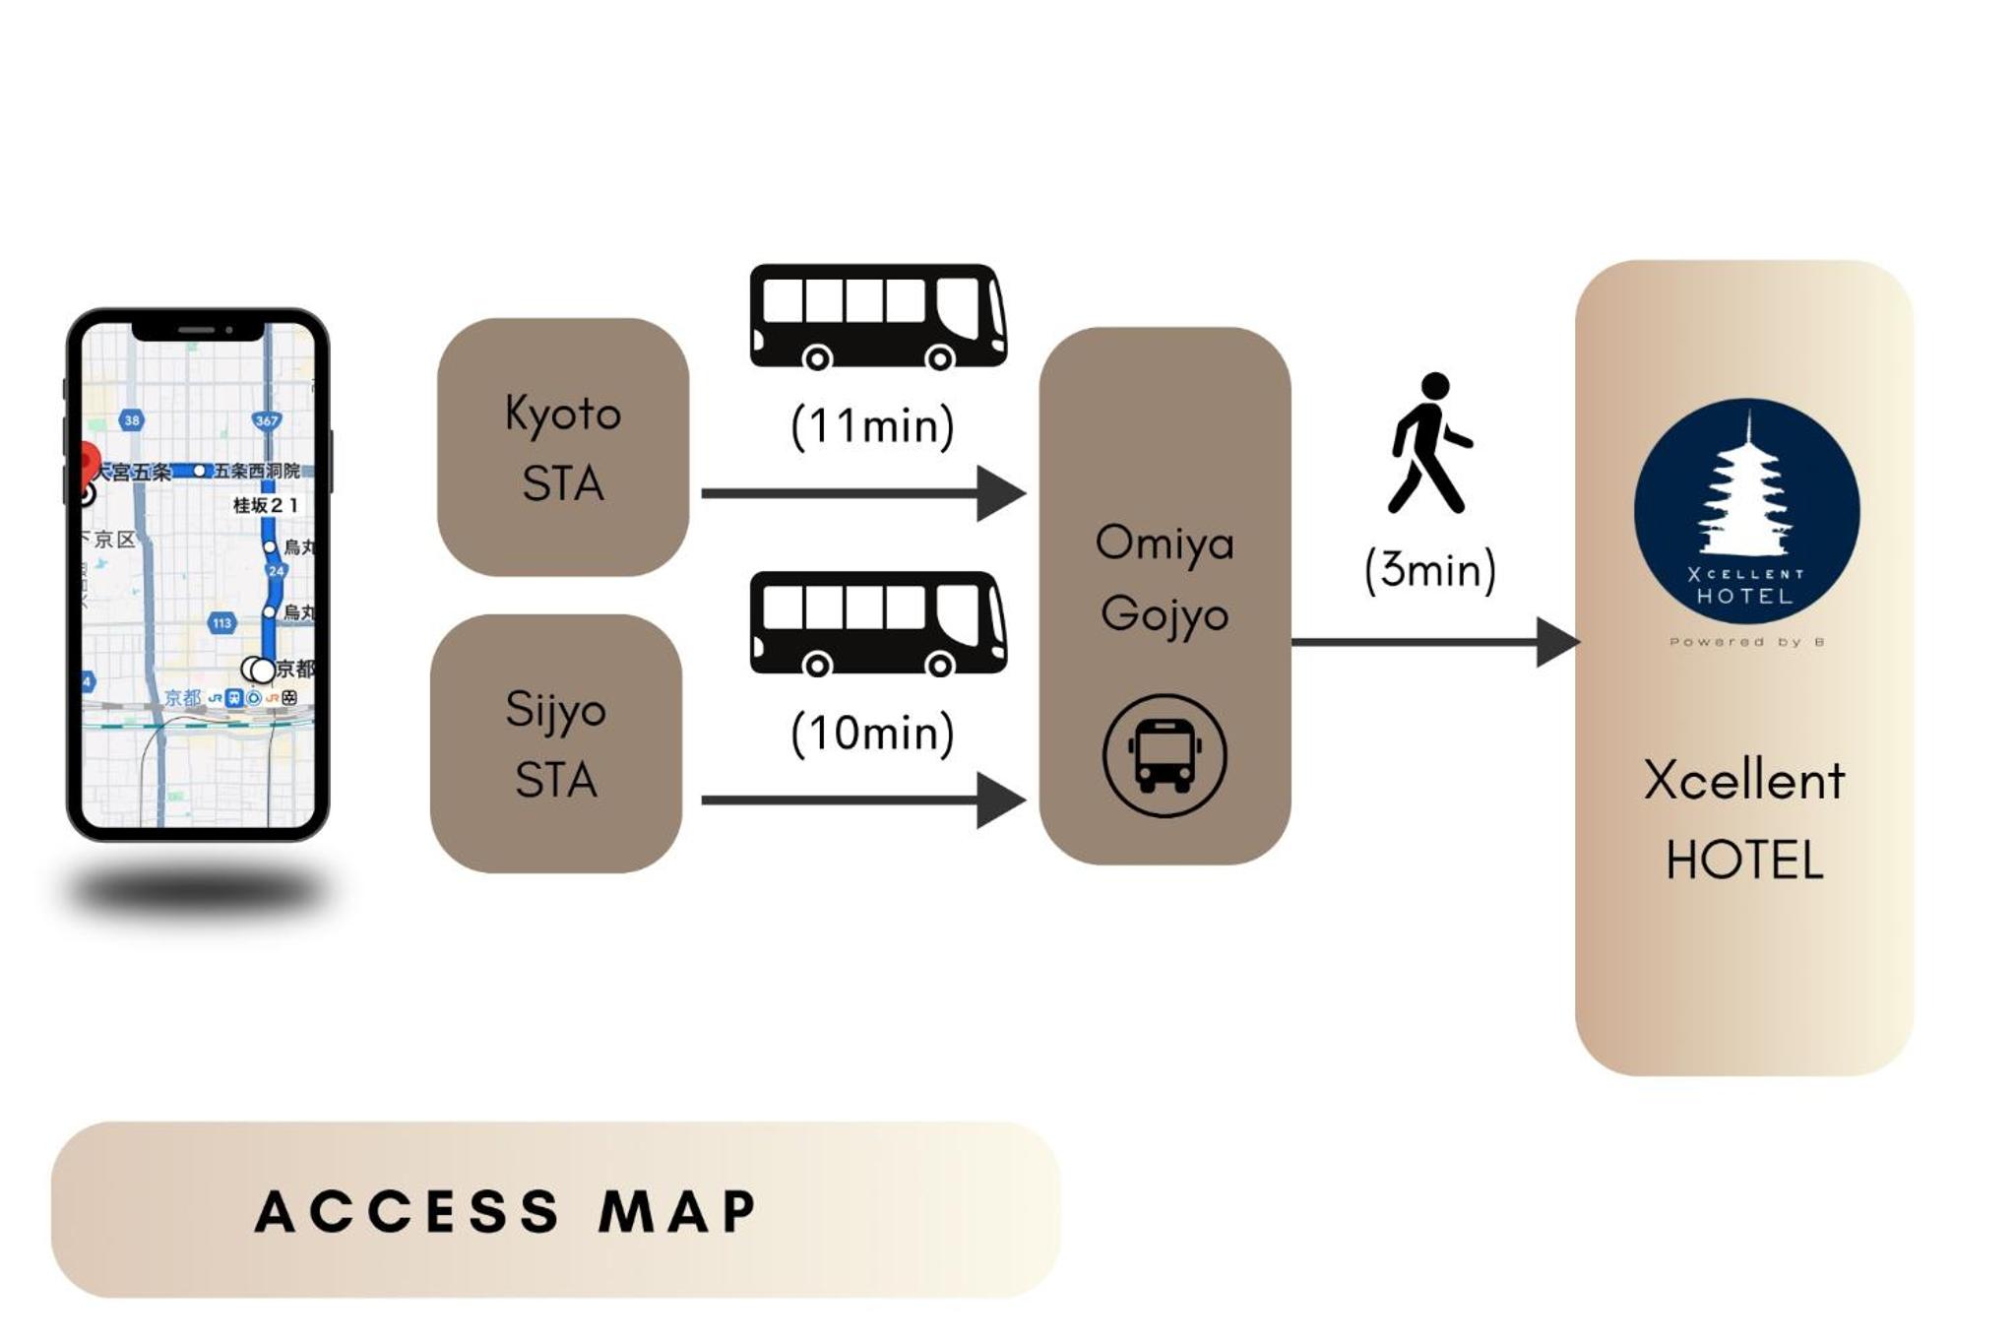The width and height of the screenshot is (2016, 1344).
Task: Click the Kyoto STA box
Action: point(562,447)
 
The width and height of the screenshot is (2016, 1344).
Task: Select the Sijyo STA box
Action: point(556,743)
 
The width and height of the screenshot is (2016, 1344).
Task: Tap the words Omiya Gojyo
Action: point(1165,578)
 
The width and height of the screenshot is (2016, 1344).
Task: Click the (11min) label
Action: point(872,426)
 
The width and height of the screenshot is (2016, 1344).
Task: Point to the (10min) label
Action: point(872,734)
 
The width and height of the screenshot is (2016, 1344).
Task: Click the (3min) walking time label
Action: point(1430,570)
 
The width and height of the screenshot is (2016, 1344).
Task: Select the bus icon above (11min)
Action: point(877,316)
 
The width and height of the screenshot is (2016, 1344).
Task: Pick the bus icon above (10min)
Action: point(877,623)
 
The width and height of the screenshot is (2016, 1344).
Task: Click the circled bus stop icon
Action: point(1165,755)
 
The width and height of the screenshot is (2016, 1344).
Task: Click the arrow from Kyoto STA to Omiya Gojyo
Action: point(861,492)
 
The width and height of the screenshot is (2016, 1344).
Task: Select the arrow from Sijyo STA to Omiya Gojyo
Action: point(861,800)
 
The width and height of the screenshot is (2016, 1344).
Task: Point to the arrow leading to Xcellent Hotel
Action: point(1432,642)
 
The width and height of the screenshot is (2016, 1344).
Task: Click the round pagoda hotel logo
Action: point(1746,511)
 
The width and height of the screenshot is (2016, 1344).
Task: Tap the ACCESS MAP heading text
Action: point(506,1210)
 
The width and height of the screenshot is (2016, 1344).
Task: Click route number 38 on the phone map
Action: point(131,419)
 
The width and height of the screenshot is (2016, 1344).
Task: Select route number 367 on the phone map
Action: point(267,420)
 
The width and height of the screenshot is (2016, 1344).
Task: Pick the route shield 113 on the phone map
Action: point(222,622)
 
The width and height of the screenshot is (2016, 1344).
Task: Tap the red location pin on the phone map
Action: point(89,460)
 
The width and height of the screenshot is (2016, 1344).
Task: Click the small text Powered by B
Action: point(1746,642)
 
